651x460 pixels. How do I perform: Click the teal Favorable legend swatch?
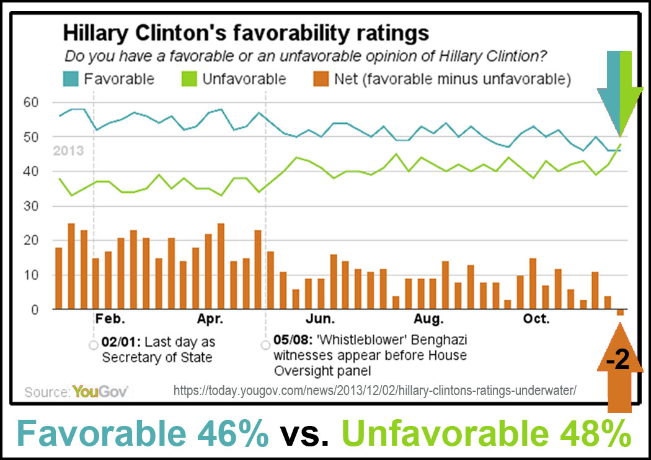tap(71, 79)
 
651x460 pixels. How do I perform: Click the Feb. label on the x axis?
tap(110, 320)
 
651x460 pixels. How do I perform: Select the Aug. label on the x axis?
tap(429, 320)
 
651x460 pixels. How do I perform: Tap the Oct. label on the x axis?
tap(536, 320)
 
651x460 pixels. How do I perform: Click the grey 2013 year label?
tap(68, 151)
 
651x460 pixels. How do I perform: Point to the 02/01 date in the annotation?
tap(119, 342)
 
